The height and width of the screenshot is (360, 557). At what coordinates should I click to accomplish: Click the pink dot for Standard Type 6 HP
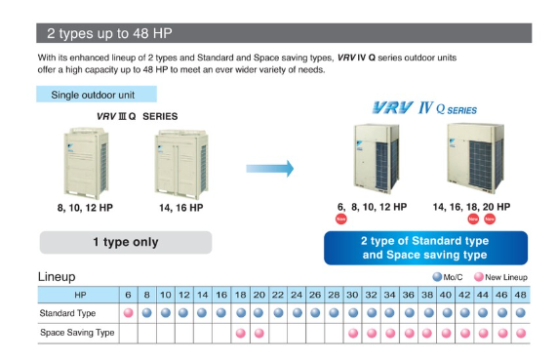(128, 313)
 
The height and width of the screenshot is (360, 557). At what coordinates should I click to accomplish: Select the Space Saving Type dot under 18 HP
(241, 333)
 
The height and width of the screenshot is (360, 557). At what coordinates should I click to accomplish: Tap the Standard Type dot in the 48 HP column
(520, 313)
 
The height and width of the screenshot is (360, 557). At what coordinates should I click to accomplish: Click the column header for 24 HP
(297, 295)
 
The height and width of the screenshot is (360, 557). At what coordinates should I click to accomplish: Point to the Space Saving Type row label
(77, 333)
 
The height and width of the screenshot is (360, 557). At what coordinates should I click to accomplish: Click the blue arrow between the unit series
(270, 169)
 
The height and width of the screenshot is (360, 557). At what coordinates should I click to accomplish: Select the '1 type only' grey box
(126, 242)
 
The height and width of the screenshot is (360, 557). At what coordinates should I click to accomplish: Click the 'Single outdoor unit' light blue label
(97, 95)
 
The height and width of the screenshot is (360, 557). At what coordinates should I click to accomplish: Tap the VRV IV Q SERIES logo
(424, 108)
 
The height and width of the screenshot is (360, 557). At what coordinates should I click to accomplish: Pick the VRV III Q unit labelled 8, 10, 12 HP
(86, 163)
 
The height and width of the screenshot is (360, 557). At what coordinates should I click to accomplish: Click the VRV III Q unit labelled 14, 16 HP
(181, 164)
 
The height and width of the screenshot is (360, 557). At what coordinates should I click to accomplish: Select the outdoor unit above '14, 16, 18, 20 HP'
(476, 158)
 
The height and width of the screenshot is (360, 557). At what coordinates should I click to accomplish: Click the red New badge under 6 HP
(341, 219)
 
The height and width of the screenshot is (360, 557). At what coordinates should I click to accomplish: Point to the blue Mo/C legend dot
(437, 277)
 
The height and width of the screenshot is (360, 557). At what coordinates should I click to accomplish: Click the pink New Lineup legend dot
(479, 277)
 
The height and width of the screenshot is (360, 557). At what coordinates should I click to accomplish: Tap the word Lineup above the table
(57, 276)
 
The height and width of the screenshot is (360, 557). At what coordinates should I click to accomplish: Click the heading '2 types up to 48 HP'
(109, 33)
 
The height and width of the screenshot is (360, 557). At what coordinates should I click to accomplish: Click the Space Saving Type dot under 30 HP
(353, 333)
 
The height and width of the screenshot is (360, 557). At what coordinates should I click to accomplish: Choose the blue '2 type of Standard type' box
(425, 248)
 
